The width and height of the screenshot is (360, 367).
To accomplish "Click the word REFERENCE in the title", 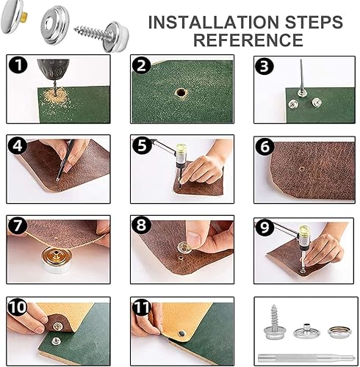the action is [248, 40].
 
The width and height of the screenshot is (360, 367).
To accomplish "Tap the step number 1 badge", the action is [18, 65].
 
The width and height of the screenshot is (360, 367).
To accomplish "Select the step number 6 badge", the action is [264, 147].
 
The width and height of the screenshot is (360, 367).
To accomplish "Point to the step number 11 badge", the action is [141, 307].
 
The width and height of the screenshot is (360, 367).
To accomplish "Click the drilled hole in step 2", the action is [181, 93].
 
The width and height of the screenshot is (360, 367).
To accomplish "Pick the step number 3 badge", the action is [264, 66].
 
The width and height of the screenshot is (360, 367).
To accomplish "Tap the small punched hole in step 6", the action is [302, 168].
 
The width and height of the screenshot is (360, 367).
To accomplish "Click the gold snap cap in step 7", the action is [58, 259].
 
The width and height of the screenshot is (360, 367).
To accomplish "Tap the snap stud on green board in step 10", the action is [56, 340].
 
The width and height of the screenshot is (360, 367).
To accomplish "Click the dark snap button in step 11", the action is [182, 333].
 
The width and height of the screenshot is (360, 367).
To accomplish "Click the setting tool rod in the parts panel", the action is [306, 357].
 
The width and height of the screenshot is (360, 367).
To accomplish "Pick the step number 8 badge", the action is [141, 225].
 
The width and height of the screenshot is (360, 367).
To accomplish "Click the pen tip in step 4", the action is [57, 180].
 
